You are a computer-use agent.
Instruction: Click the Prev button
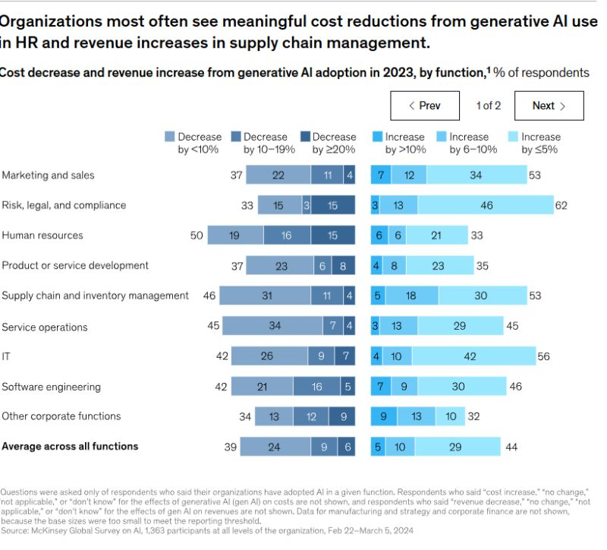[425, 106]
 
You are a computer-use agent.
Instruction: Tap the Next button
[549, 106]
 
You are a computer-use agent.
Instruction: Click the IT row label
[6, 356]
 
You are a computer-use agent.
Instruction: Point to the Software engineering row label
[51, 387]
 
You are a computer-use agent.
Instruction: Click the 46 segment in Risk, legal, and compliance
[486, 205]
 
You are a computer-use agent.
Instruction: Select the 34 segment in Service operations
[275, 327]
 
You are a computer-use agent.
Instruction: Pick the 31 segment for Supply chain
[266, 296]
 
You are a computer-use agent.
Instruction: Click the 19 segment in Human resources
[235, 235]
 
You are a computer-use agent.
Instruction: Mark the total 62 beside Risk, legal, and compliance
[561, 205]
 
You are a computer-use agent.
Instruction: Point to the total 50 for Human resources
[197, 235]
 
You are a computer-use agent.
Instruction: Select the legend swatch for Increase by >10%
[377, 137]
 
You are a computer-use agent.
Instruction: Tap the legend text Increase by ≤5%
[540, 143]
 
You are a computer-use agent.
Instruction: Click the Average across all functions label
[70, 446]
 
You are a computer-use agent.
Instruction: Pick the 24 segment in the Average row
[270, 447]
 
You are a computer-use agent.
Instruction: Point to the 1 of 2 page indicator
[488, 106]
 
